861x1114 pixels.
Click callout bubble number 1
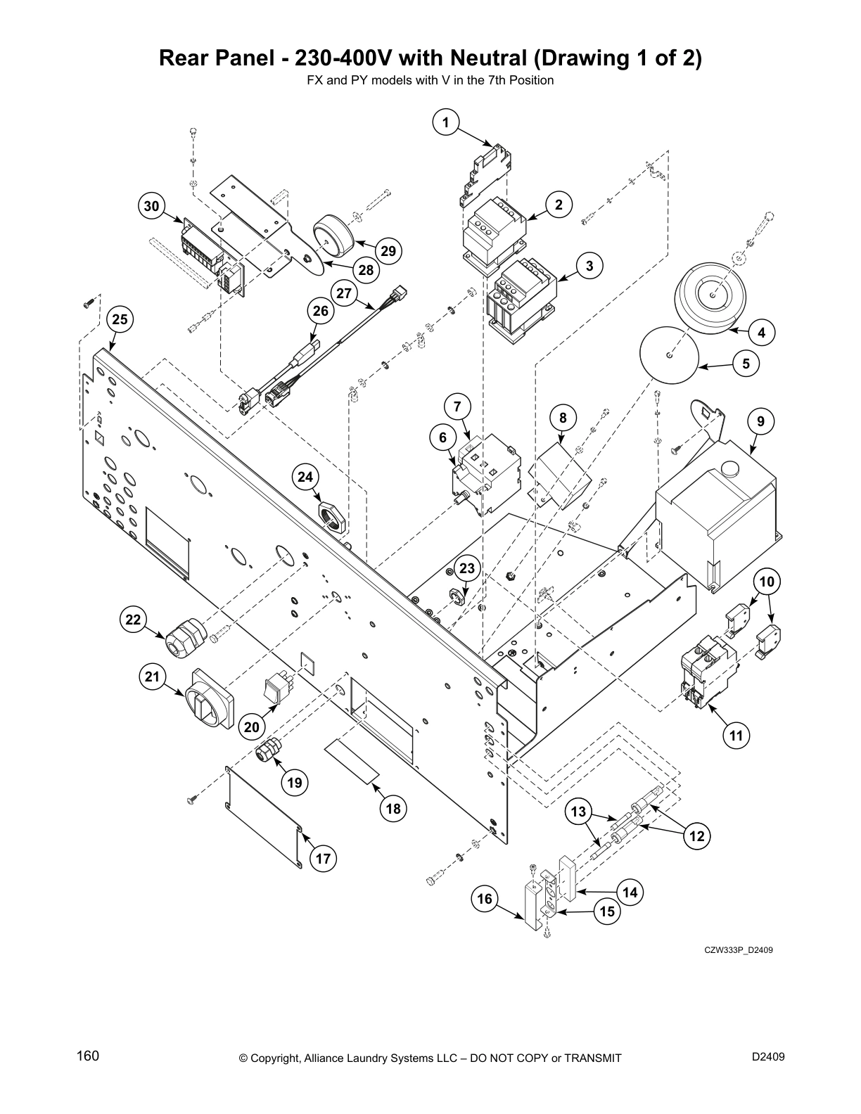point(445,122)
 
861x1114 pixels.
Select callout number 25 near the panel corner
point(120,319)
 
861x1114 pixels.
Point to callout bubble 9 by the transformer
point(761,421)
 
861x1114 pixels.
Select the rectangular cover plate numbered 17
point(264,816)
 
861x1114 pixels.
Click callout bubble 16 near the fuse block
point(485,898)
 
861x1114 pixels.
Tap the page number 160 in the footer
point(88,1056)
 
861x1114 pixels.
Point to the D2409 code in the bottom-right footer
point(768,1056)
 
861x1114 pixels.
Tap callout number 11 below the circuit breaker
point(736,736)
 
